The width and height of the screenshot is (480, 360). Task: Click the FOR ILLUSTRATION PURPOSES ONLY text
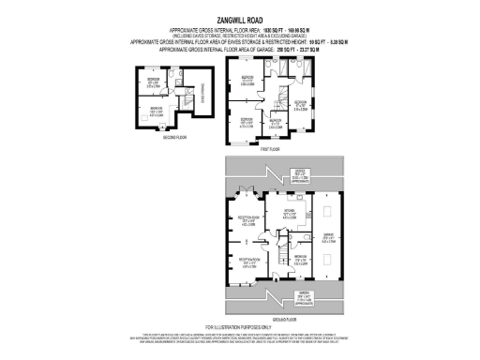click(x=240, y=326)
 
